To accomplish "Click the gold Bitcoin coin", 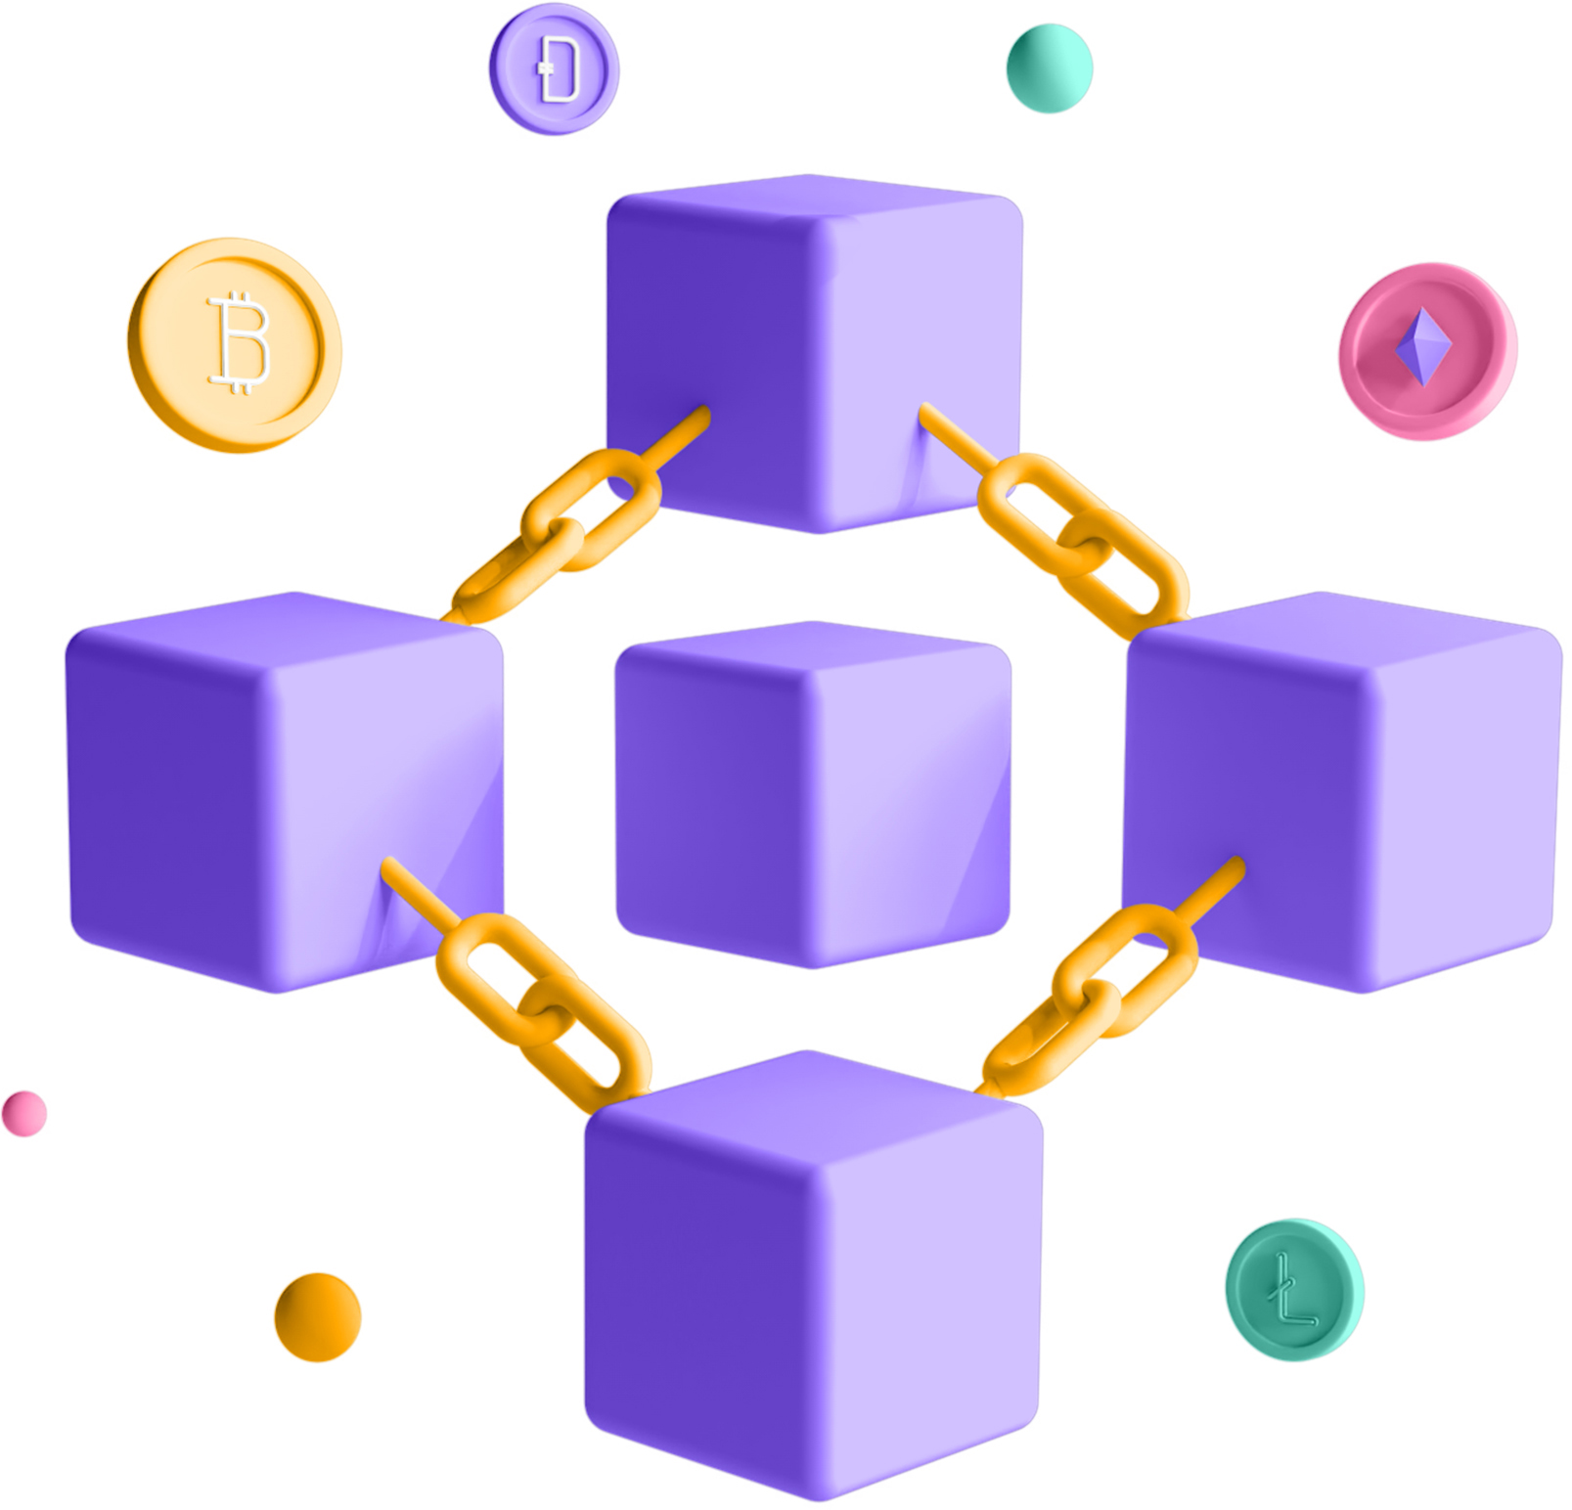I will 235,344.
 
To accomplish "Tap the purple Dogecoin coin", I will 554,68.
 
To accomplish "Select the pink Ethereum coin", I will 1427,350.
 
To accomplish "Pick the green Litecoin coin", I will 1294,1289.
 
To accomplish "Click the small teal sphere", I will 1049,68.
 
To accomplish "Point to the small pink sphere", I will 24,1113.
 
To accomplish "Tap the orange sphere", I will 318,1316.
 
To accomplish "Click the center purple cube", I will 813,793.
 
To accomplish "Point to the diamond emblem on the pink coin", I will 1423,346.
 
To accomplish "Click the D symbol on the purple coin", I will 560,68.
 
